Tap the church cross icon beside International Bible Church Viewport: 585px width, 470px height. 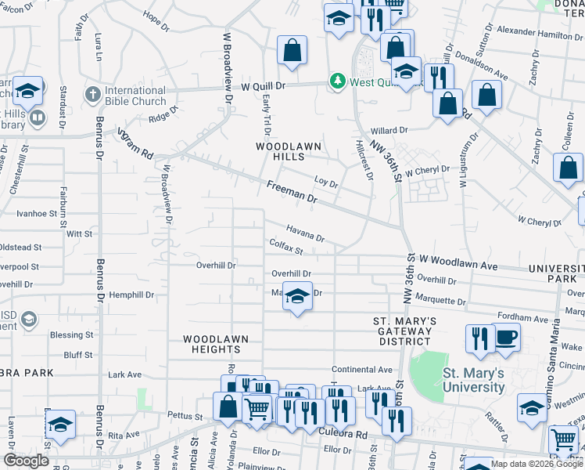pos(92,94)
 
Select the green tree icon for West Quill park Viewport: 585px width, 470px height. pos(338,81)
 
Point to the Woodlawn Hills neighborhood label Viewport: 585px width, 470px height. pos(282,151)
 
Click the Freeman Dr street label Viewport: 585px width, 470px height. pos(291,193)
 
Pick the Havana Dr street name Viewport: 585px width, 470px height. pos(304,233)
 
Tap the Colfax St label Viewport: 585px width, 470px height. pos(285,248)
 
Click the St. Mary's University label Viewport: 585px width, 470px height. pos(473,380)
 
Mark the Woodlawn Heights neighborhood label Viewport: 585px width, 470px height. pos(216,345)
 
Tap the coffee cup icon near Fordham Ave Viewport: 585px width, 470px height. pos(506,337)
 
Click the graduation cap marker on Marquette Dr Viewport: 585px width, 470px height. pos(297,296)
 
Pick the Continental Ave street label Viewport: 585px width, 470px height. pos(361,370)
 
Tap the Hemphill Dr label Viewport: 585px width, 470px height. pos(132,295)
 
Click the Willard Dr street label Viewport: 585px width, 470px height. pos(389,131)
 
